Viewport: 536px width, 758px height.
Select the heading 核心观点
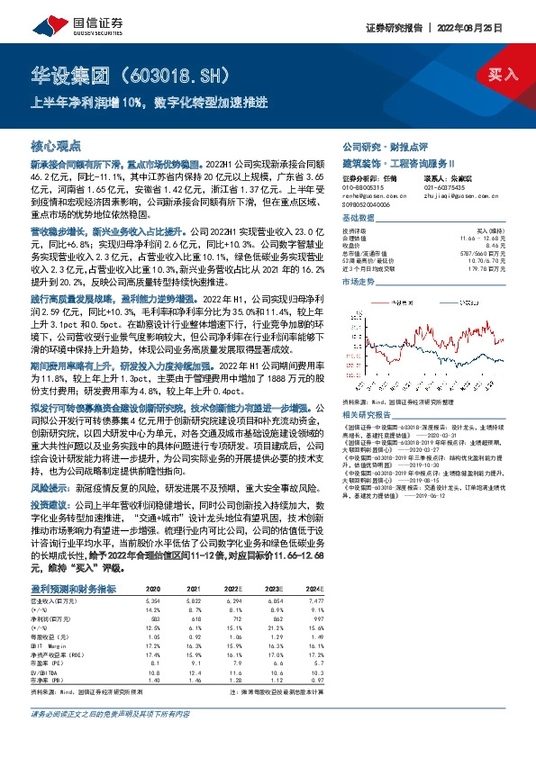pos(56,144)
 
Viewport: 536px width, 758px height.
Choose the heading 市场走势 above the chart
pos(359,282)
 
